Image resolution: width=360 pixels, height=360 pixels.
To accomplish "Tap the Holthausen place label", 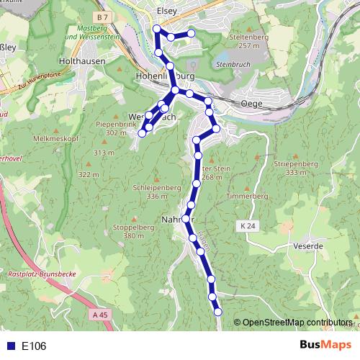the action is [84, 62].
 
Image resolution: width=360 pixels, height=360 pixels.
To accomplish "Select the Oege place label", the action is [253, 104].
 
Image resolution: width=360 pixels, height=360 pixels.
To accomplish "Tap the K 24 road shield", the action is [248, 226].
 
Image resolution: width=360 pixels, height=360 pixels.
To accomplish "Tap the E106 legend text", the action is [34, 346].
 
